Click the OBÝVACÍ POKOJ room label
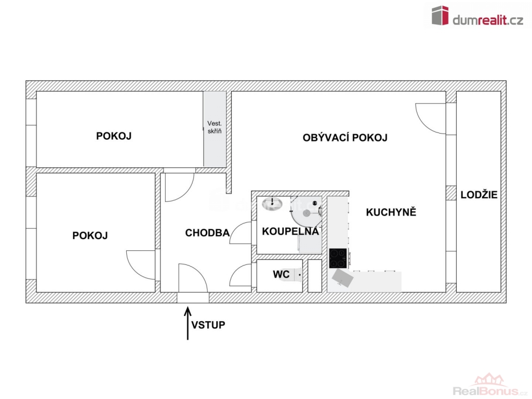pos(345,138)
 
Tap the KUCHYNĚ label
pos(391,212)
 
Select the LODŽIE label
pos(478,195)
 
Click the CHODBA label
pos(207,233)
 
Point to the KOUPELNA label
pos(290,231)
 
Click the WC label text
pos(281,274)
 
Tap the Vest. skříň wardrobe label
pos(215,127)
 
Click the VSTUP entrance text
pos(208,325)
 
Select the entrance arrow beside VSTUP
pos(188,323)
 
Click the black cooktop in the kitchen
pos(338,258)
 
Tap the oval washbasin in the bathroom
pos(272,204)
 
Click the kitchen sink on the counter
pos(342,278)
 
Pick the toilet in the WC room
pos(297,275)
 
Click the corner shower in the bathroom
pos(306,212)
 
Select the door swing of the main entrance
pos(192,277)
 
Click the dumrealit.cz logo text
pos(488,20)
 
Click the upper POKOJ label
pos(114,136)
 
